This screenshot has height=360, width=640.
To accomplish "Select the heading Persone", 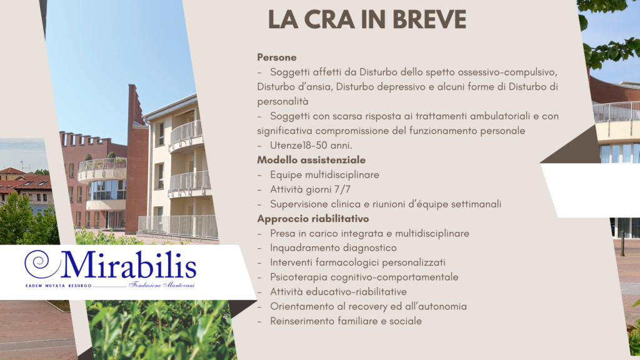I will pyautogui.click(x=276, y=57).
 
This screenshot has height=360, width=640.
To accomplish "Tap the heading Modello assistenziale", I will pyautogui.click(x=311, y=160).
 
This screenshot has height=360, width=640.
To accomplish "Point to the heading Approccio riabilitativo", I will pyautogui.click(x=312, y=219).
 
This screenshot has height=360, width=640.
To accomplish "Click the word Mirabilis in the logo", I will pyautogui.click(x=129, y=265).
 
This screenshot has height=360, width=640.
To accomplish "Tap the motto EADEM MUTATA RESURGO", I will pyautogui.click(x=57, y=285).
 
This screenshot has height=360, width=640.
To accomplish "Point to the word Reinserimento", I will pyautogui.click(x=302, y=321).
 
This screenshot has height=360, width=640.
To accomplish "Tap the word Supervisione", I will pyautogui.click(x=299, y=204).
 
